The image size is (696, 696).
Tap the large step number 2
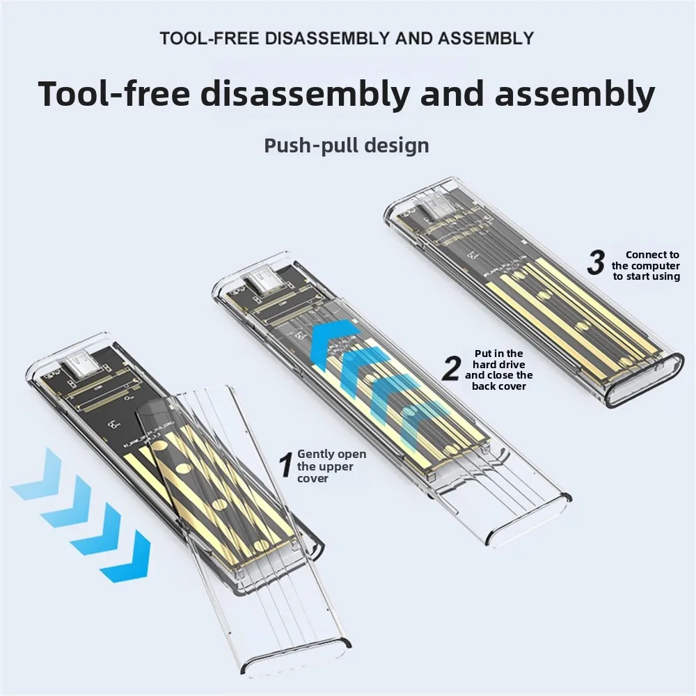pyautogui.click(x=452, y=368)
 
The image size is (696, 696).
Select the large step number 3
pyautogui.click(x=596, y=263)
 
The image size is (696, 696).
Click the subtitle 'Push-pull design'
pyautogui.click(x=346, y=145)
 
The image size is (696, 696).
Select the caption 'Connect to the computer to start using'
pyautogui.click(x=646, y=265)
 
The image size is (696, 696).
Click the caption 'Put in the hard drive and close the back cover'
pyautogui.click(x=499, y=370)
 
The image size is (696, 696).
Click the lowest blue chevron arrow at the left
pyautogui.click(x=125, y=557)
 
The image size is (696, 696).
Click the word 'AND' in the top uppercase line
pyautogui.click(x=413, y=38)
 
